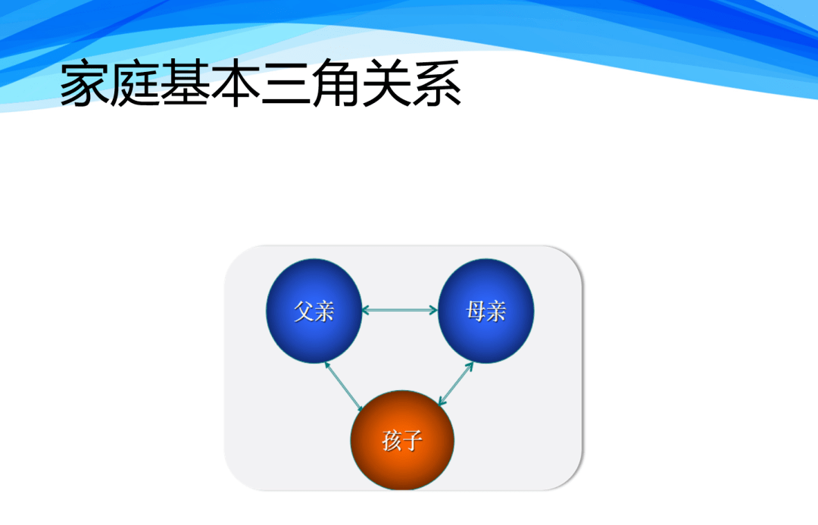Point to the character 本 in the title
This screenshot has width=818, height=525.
click(x=236, y=83)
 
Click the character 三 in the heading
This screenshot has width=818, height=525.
click(x=286, y=83)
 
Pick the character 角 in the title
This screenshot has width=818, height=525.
click(x=336, y=83)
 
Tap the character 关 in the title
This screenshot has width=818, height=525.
click(x=386, y=83)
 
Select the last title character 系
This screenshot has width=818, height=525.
click(x=437, y=83)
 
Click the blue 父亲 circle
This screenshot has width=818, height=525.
click(x=314, y=311)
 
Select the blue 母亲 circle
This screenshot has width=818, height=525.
click(x=485, y=311)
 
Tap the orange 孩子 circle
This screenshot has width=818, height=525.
click(x=402, y=440)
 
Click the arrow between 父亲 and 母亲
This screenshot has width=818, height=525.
click(x=400, y=310)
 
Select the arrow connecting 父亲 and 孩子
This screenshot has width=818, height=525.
click(x=344, y=386)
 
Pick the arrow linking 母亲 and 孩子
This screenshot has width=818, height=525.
click(x=456, y=383)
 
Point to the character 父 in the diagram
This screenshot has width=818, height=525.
click(x=304, y=311)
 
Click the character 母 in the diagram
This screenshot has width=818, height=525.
click(x=476, y=311)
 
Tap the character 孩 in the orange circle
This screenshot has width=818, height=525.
click(x=392, y=441)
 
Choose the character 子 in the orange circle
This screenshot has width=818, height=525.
click(x=413, y=441)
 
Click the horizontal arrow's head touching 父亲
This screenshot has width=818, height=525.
click(x=366, y=310)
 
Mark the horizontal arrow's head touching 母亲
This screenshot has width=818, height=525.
click(x=433, y=310)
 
